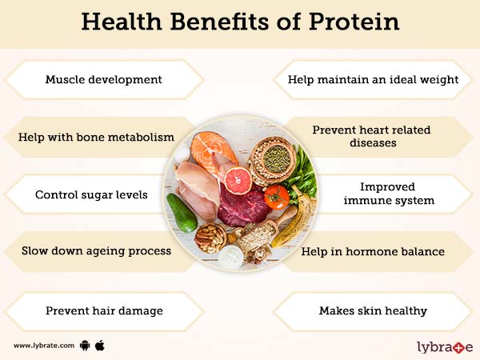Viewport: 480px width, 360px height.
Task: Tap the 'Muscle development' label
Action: (104, 80)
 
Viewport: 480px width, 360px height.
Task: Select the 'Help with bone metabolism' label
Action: (96, 137)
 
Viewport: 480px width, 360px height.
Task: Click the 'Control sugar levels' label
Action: (91, 194)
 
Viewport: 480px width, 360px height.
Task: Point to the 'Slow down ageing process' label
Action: (97, 250)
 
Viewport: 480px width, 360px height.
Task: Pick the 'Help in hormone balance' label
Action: (372, 251)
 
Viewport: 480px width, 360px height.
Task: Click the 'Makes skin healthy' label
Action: (372, 310)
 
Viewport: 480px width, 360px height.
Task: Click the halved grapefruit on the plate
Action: (238, 180)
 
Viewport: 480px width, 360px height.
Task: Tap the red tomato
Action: (276, 197)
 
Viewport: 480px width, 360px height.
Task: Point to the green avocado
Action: (182, 213)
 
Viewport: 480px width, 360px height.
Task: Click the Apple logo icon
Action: (101, 346)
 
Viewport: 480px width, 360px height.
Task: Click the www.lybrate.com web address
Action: (44, 346)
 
